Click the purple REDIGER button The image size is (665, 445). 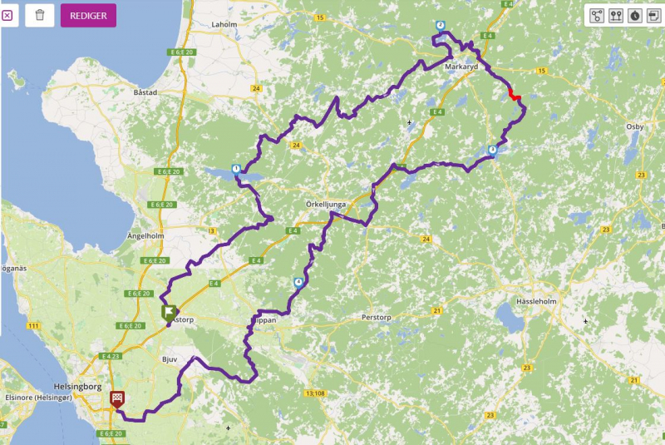point(88,15)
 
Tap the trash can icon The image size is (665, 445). point(40,15)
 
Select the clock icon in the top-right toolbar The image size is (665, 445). point(634,15)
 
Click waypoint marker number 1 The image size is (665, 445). point(237,168)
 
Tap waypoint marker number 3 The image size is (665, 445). point(493,150)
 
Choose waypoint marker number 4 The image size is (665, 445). point(298,283)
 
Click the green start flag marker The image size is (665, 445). point(169,312)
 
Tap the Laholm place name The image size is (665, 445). point(200,25)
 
